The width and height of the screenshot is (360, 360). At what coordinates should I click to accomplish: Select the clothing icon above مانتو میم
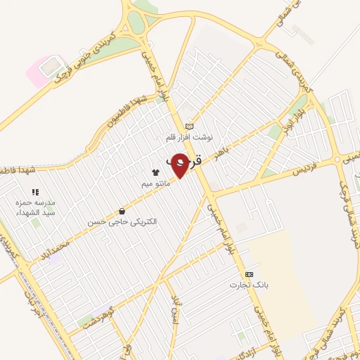pyautogui.click(x=155, y=172)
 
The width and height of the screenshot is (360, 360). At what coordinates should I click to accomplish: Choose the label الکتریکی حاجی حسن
pyautogui.click(x=123, y=221)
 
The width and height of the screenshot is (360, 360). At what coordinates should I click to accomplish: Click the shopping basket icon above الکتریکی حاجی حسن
pyautogui.click(x=122, y=211)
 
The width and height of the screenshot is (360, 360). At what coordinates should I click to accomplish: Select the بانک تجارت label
pyautogui.click(x=245, y=285)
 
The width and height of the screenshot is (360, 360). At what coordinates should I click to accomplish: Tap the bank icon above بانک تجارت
pyautogui.click(x=247, y=274)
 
